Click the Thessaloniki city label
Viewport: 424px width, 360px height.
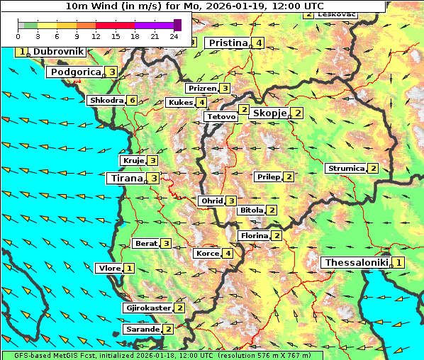click(x=357, y=263)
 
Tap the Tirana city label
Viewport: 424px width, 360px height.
click(x=125, y=179)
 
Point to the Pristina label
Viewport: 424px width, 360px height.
click(x=228, y=43)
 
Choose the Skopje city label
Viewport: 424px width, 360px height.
click(x=269, y=113)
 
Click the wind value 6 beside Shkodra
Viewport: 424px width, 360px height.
click(x=132, y=101)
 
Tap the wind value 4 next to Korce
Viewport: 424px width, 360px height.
click(x=228, y=254)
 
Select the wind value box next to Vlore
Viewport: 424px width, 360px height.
click(x=129, y=269)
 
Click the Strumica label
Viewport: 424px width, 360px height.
click(x=345, y=169)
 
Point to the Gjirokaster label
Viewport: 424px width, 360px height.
click(x=147, y=308)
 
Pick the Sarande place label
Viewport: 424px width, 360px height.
click(x=141, y=330)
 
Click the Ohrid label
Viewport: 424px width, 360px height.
click(x=211, y=201)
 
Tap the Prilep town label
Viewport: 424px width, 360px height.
click(x=268, y=176)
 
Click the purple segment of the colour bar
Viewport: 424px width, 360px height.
click(x=154, y=25)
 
